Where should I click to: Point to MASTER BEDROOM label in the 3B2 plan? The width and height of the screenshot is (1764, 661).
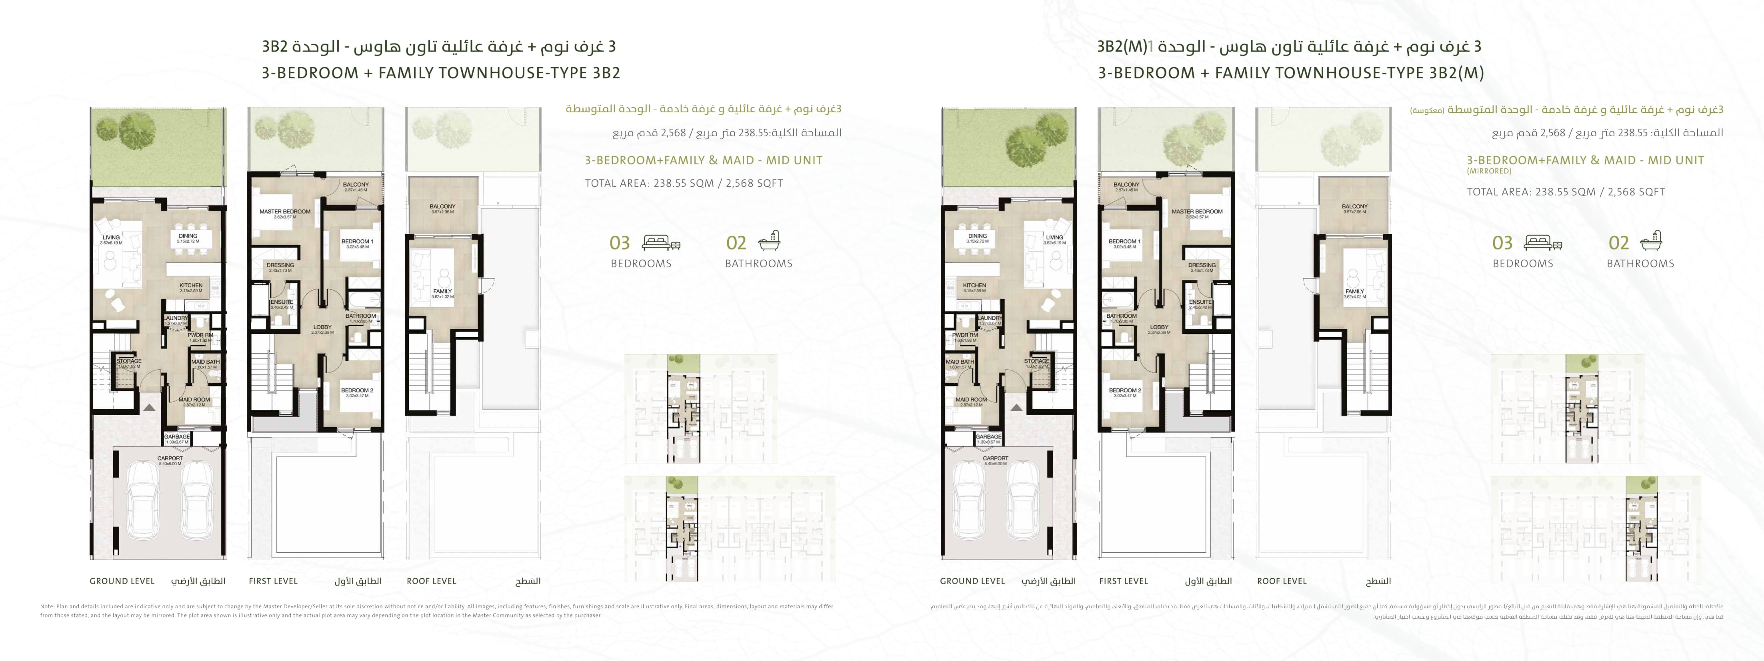click(x=285, y=211)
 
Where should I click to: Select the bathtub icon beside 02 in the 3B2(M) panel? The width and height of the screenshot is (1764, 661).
click(x=1652, y=241)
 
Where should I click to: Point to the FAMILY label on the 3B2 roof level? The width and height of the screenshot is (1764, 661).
click(x=442, y=291)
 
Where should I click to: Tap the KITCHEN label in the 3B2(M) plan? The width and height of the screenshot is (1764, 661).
click(x=974, y=285)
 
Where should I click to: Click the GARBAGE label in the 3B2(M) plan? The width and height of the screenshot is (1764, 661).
click(x=988, y=436)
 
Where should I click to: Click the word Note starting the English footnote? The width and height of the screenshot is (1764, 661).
click(x=46, y=606)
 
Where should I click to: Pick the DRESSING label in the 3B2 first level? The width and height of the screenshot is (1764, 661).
click(x=280, y=265)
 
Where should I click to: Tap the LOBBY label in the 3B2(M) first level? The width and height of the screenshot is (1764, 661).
click(x=1159, y=327)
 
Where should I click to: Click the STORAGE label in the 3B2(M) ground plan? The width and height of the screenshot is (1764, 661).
click(x=1036, y=361)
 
